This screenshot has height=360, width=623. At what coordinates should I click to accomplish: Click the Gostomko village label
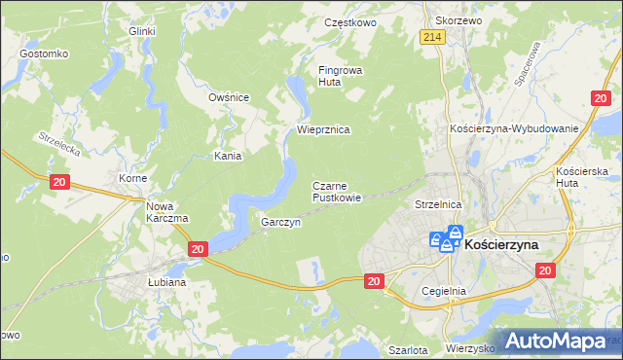click(43, 53)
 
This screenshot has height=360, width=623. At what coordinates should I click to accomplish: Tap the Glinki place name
click(142, 31)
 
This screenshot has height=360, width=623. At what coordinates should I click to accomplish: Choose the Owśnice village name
click(230, 97)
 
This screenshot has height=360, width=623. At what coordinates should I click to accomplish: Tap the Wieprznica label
click(323, 129)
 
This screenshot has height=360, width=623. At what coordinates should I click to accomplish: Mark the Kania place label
click(228, 155)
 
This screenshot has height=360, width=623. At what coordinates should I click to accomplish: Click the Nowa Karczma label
click(166, 211)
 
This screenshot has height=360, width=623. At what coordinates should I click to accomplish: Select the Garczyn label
click(280, 222)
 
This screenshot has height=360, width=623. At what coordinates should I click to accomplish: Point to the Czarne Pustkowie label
click(337, 191)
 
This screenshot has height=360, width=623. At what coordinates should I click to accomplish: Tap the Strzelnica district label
click(437, 205)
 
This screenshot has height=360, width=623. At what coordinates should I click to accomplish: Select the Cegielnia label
click(445, 290)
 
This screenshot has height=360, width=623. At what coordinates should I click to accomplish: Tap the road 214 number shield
click(433, 37)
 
